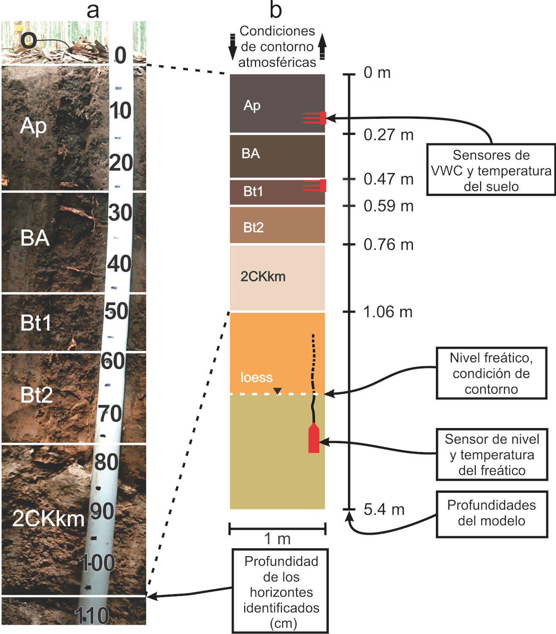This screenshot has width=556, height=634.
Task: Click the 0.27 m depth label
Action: click(x=388, y=135)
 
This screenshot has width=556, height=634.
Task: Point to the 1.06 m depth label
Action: click(x=388, y=312)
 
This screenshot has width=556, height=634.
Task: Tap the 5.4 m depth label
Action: click(x=384, y=510)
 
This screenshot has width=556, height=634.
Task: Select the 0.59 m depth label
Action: click(x=388, y=206)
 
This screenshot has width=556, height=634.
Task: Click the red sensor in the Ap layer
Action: click(x=322, y=118)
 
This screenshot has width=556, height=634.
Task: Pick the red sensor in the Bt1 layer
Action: click(x=322, y=186)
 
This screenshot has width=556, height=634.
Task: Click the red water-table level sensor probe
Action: click(x=314, y=439)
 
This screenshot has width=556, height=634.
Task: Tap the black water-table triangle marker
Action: click(x=278, y=391)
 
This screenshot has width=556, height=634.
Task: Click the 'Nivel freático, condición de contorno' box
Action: click(x=491, y=373)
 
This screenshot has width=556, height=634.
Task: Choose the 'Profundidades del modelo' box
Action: click(x=491, y=513)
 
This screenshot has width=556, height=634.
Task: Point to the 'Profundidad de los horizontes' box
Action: click(x=281, y=591)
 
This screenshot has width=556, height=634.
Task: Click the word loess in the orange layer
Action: click(x=256, y=377)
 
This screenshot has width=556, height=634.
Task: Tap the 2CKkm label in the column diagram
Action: click(x=263, y=277)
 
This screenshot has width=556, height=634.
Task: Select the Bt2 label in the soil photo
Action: click(x=37, y=395)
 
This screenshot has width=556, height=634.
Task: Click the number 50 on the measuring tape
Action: click(x=116, y=311)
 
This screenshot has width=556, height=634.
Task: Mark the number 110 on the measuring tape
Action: click(x=92, y=615)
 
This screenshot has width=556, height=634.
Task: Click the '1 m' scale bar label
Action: click(x=277, y=539)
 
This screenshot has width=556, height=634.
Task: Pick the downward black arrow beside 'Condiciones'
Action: click(x=232, y=47)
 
